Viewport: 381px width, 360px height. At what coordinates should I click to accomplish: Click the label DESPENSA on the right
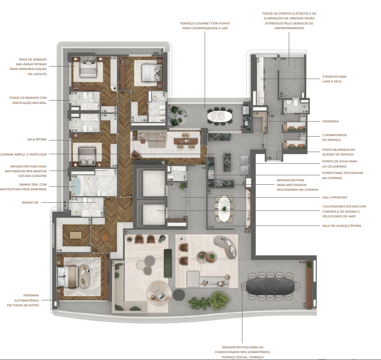[x=331, y=122]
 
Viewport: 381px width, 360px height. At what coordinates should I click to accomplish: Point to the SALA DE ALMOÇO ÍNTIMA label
[x=341, y=226]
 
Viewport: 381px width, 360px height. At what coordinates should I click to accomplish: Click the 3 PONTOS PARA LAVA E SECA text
[x=334, y=79]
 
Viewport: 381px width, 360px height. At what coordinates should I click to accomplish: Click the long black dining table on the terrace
[x=269, y=288]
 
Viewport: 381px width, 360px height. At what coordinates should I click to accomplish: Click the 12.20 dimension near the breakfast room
[x=248, y=232]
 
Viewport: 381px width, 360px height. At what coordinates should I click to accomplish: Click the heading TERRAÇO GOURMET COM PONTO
[x=204, y=23]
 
